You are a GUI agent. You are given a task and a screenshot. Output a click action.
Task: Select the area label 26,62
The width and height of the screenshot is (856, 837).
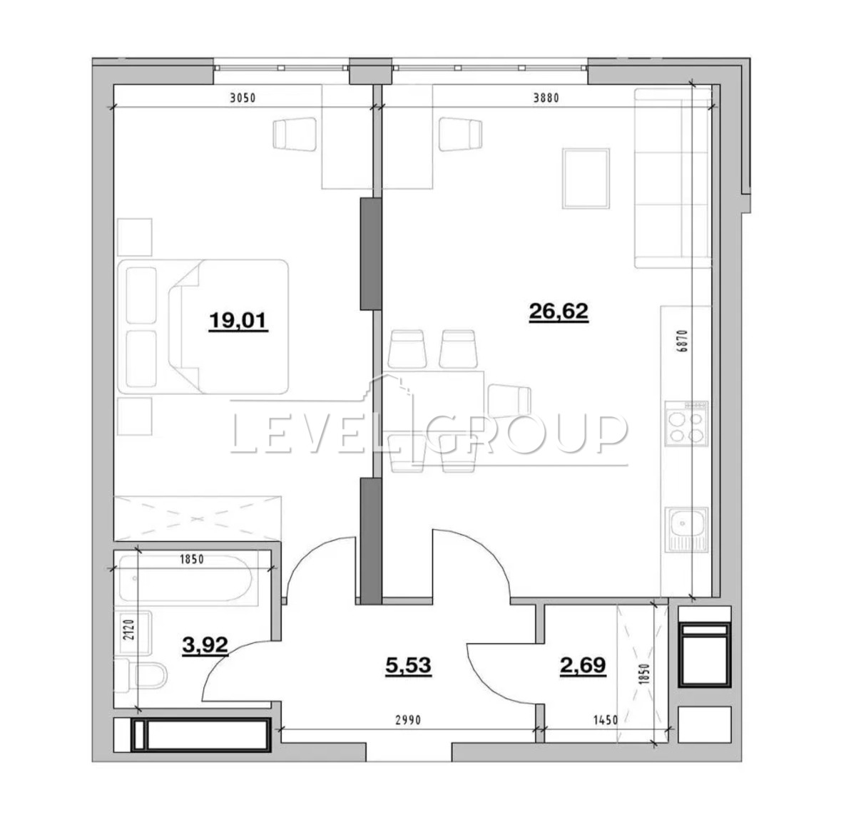click(559, 312)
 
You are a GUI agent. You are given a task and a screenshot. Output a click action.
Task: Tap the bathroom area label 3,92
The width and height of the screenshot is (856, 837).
click(205, 645)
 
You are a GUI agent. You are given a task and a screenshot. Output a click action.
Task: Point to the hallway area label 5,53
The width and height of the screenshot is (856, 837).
click(408, 666)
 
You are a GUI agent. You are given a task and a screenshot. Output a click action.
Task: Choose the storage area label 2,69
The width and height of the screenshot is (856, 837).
click(583, 666)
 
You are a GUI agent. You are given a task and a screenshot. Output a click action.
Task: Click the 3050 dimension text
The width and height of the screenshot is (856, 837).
click(243, 98)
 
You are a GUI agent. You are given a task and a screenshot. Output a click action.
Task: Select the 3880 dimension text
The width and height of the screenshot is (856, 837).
click(546, 98)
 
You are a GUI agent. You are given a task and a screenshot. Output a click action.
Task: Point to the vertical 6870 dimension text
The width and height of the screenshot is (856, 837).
click(683, 341)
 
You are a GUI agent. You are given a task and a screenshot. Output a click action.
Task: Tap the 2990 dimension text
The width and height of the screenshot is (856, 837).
click(408, 720)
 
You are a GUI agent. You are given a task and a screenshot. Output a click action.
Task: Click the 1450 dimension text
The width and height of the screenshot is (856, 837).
click(606, 720)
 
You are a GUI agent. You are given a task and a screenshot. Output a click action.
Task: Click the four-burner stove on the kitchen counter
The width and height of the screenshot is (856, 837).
click(686, 423)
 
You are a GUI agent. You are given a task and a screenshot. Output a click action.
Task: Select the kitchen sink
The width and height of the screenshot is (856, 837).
click(686, 529)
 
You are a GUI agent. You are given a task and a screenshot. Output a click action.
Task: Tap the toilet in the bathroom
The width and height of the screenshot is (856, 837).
click(141, 675)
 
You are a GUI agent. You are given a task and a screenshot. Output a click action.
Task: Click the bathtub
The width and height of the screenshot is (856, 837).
click(185, 578)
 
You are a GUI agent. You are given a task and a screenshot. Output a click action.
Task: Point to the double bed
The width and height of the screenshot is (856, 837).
click(203, 327)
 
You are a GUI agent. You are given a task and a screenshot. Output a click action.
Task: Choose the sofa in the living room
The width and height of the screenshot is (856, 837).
click(673, 178)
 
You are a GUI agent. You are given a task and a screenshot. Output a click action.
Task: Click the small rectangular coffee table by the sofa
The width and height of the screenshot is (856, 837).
click(586, 178)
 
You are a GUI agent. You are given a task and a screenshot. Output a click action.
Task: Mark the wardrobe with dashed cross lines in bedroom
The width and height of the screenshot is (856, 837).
click(198, 518)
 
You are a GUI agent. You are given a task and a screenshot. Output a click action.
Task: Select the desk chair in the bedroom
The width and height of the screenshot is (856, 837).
click(295, 135)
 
